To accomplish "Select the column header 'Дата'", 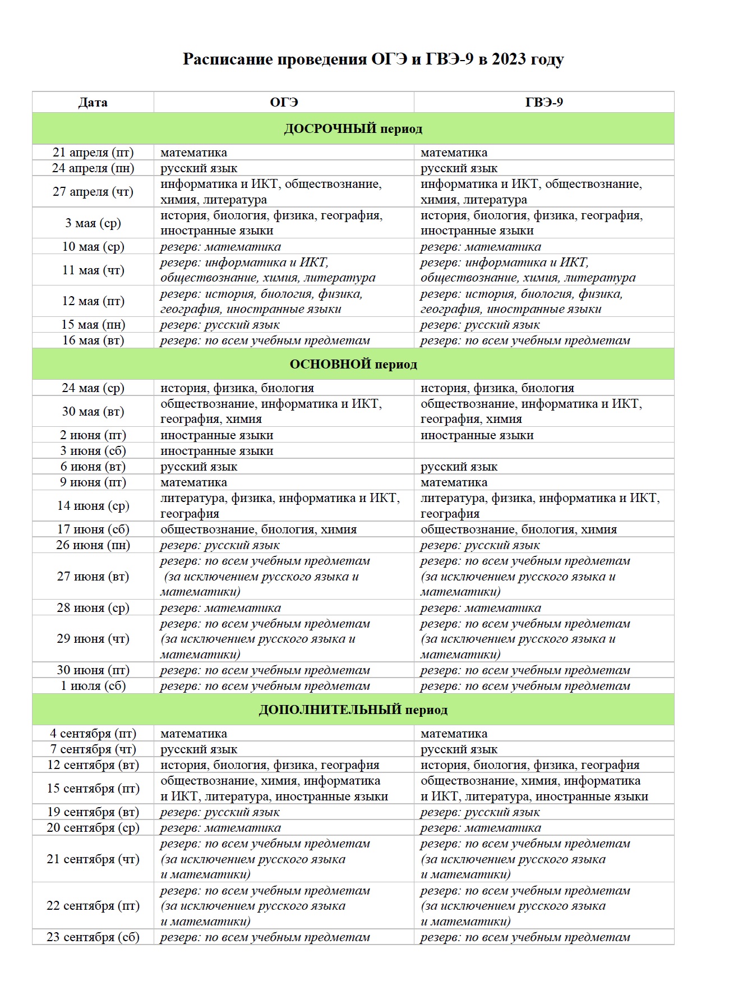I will (x=93, y=103).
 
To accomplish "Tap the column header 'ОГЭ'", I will (x=284, y=103).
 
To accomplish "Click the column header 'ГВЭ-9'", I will (x=544, y=103).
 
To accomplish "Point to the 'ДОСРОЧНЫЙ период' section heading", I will (x=353, y=129).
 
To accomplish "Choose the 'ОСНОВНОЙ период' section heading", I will (x=353, y=365).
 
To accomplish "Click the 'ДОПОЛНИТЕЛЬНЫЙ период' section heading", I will (x=353, y=710).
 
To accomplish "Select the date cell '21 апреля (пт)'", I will (x=93, y=153).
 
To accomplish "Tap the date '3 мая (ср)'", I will (x=93, y=223).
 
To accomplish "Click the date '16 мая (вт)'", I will (x=93, y=340).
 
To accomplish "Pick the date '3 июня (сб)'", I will (x=93, y=451).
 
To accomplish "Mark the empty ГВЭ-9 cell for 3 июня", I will (x=544, y=451).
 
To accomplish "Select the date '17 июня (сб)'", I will (x=93, y=529).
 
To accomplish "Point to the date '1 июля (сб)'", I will (x=93, y=686).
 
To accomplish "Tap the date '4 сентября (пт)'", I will (x=93, y=734).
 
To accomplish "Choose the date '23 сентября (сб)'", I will (x=93, y=937).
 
